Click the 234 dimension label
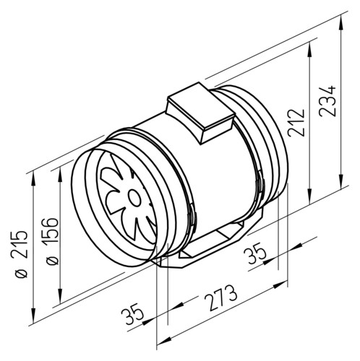(327, 100)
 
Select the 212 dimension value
(296, 123)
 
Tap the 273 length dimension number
(221, 297)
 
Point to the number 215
(20, 244)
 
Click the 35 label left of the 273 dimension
(132, 313)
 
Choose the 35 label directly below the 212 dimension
(255, 253)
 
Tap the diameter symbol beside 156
(52, 261)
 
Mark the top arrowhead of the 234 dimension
(341, 22)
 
